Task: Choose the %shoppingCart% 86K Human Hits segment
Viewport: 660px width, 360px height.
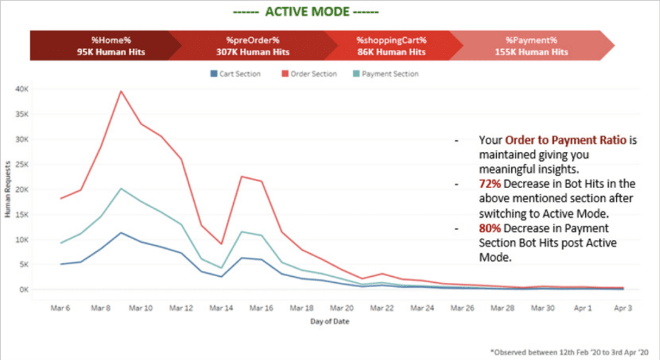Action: click(391, 46)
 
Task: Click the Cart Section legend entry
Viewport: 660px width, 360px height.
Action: click(236, 74)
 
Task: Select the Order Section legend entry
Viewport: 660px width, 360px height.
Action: click(309, 74)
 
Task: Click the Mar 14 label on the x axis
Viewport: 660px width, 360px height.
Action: click(221, 308)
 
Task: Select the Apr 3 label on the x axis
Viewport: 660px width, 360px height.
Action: click(623, 308)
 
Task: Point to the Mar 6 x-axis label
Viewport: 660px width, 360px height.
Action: click(61, 308)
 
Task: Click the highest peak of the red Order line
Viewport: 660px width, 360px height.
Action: click(121, 91)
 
